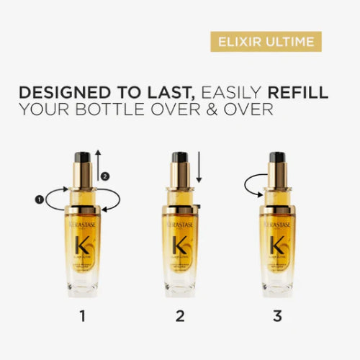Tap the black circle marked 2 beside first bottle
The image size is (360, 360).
(105, 175)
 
